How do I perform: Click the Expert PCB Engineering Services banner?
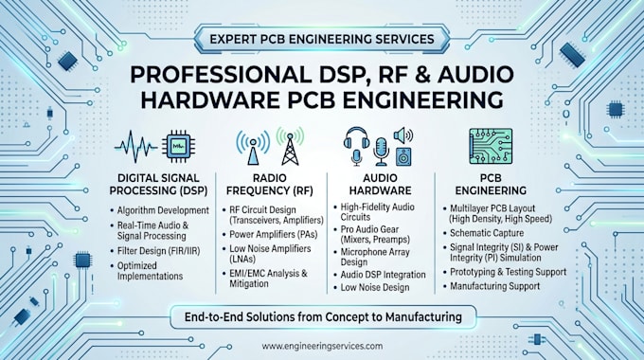point(322,39)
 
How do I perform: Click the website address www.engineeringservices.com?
point(322,346)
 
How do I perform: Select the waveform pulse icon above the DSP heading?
point(136,146)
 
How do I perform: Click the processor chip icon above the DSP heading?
point(179,146)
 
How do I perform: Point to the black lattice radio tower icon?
point(290,149)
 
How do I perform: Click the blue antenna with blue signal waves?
point(253,148)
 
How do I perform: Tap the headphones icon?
point(356,138)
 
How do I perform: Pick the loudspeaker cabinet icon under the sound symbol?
point(403,156)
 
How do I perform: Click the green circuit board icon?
point(491,146)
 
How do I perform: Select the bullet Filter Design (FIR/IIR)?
point(158,251)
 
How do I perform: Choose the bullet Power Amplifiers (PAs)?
point(273,234)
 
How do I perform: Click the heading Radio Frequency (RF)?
point(269,185)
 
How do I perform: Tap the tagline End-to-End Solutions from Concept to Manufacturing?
point(323,316)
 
